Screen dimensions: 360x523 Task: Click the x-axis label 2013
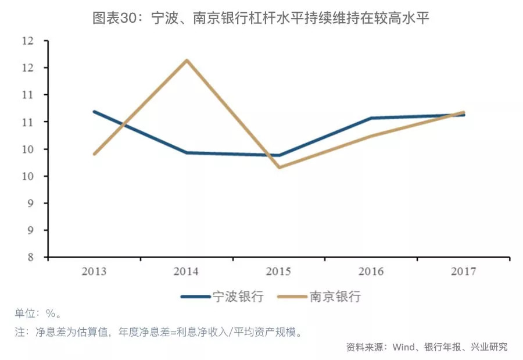(94, 272)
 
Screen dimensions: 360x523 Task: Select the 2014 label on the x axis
(186, 272)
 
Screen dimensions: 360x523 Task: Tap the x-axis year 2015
(279, 272)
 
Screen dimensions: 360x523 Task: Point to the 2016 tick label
(372, 272)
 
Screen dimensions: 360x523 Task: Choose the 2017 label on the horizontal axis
(464, 272)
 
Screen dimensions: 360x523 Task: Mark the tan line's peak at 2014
(187, 60)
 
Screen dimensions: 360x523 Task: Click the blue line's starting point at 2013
(94, 112)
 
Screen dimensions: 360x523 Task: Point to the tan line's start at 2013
(94, 154)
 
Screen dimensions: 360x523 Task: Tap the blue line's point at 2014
(187, 152)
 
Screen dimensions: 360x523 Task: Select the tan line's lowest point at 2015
(280, 167)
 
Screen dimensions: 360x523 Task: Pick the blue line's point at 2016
(372, 118)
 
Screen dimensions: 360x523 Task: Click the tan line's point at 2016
(372, 136)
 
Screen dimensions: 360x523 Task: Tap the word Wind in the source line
(403, 347)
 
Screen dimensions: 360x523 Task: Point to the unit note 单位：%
(38, 314)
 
